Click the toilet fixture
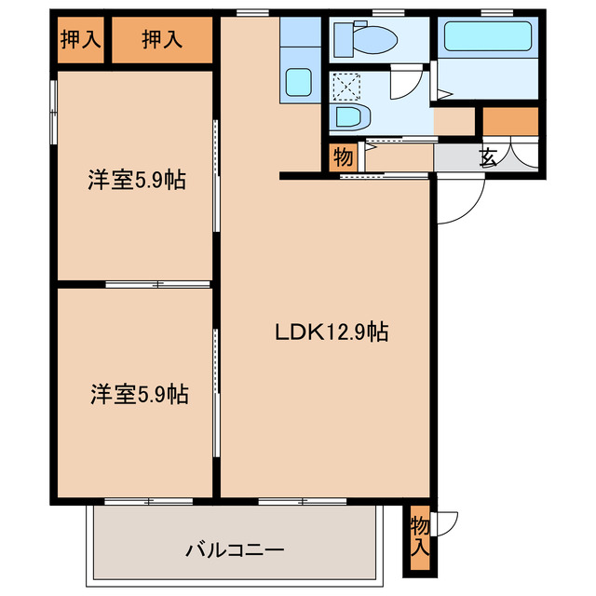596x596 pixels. [368, 39]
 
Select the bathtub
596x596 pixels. [488, 37]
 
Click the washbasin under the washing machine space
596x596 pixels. [351, 117]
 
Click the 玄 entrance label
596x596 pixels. [488, 156]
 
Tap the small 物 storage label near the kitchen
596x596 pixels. [343, 156]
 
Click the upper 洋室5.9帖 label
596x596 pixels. [137, 181]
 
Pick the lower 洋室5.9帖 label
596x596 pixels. [139, 395]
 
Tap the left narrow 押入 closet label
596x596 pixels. [80, 40]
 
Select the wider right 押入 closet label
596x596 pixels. [163, 40]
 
